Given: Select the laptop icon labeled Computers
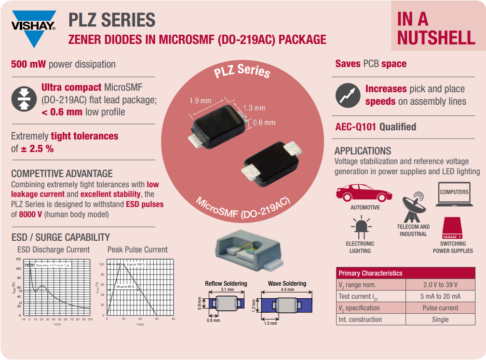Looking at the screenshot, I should tap(454, 194).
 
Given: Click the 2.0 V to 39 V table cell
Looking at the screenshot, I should tap(440, 285).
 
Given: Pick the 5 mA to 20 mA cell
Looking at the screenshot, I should tap(440, 296).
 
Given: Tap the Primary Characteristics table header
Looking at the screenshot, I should tap(370, 273).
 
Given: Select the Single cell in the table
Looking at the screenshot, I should tap(440, 319).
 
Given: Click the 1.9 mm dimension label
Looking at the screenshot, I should tap(200, 101).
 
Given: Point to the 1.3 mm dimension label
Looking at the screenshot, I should tap(254, 108).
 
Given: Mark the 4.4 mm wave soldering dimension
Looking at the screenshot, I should tap(287, 290).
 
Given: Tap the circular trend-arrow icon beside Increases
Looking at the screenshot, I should tap(348, 95).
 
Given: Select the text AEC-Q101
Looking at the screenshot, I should tap(356, 127).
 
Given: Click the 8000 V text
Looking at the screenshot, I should tap(30, 214).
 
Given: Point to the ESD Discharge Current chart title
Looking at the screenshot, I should tap(54, 249).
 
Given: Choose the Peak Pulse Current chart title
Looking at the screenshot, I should tap(137, 249).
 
